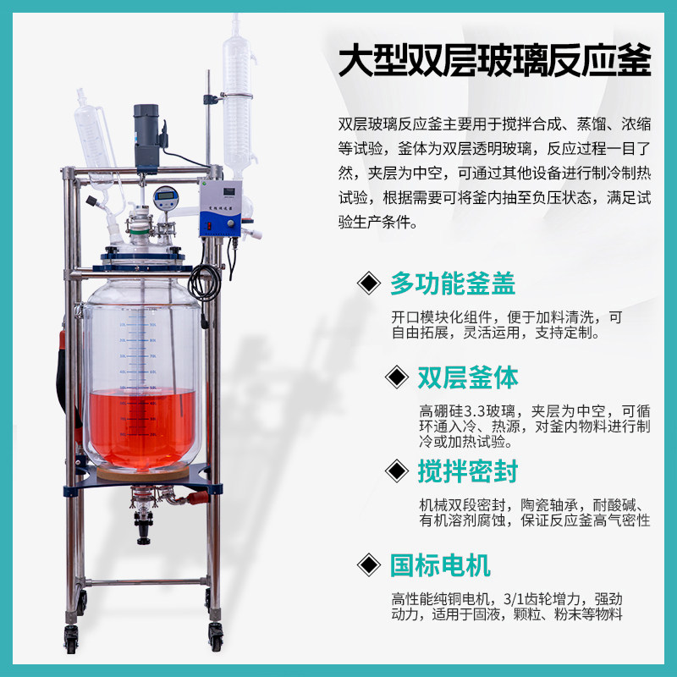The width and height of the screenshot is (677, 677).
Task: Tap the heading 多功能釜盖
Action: tap(452, 283)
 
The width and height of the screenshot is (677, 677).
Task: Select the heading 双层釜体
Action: tap(467, 377)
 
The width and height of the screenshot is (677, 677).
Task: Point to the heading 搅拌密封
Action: tap(467, 471)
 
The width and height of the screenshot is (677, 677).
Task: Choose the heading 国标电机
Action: tap(439, 564)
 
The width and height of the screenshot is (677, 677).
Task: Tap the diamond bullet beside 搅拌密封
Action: tap(394, 471)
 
